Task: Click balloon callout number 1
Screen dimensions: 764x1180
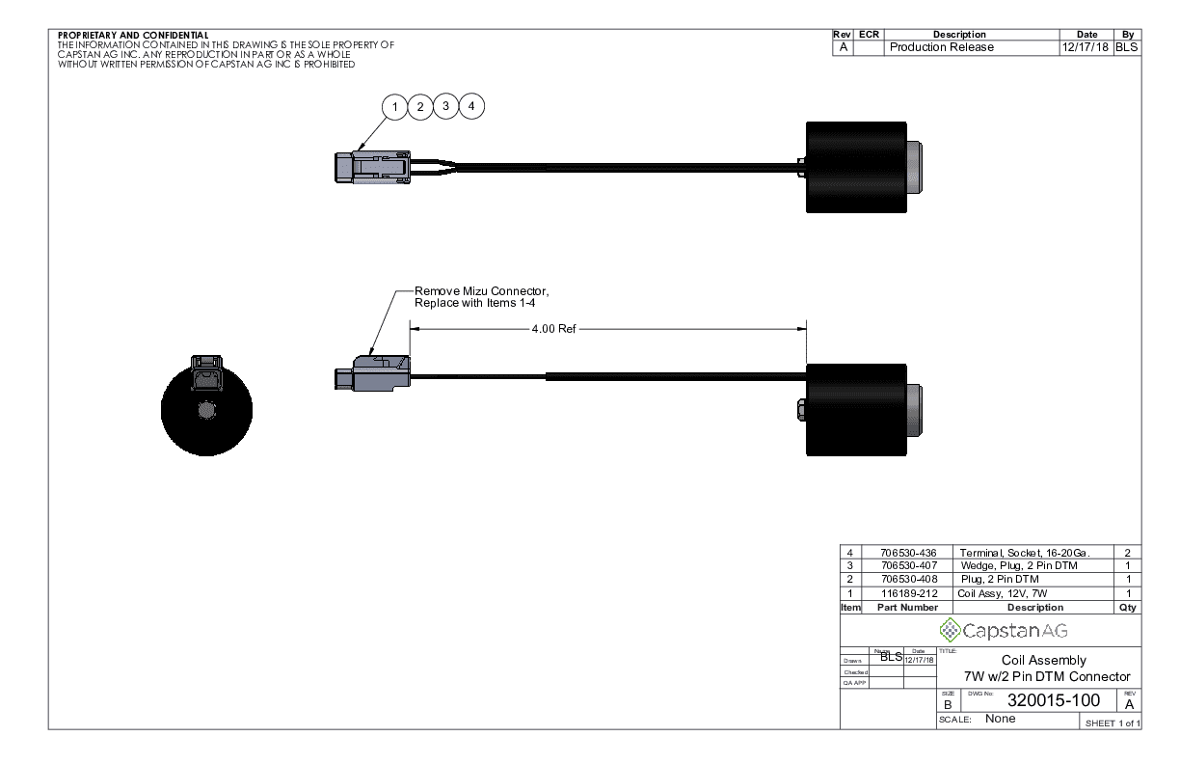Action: [394, 106]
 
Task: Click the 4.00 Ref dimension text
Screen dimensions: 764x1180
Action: [553, 329]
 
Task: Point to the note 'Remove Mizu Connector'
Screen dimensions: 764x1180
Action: [481, 290]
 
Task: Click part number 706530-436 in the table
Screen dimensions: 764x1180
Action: [909, 553]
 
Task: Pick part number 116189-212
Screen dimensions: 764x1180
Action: [909, 593]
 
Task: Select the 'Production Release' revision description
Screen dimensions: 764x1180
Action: [941, 47]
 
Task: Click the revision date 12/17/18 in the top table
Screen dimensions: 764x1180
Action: [1086, 47]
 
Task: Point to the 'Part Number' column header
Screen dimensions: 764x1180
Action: [906, 608]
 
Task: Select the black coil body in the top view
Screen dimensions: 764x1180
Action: [855, 167]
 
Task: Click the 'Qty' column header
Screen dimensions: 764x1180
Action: [1128, 608]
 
